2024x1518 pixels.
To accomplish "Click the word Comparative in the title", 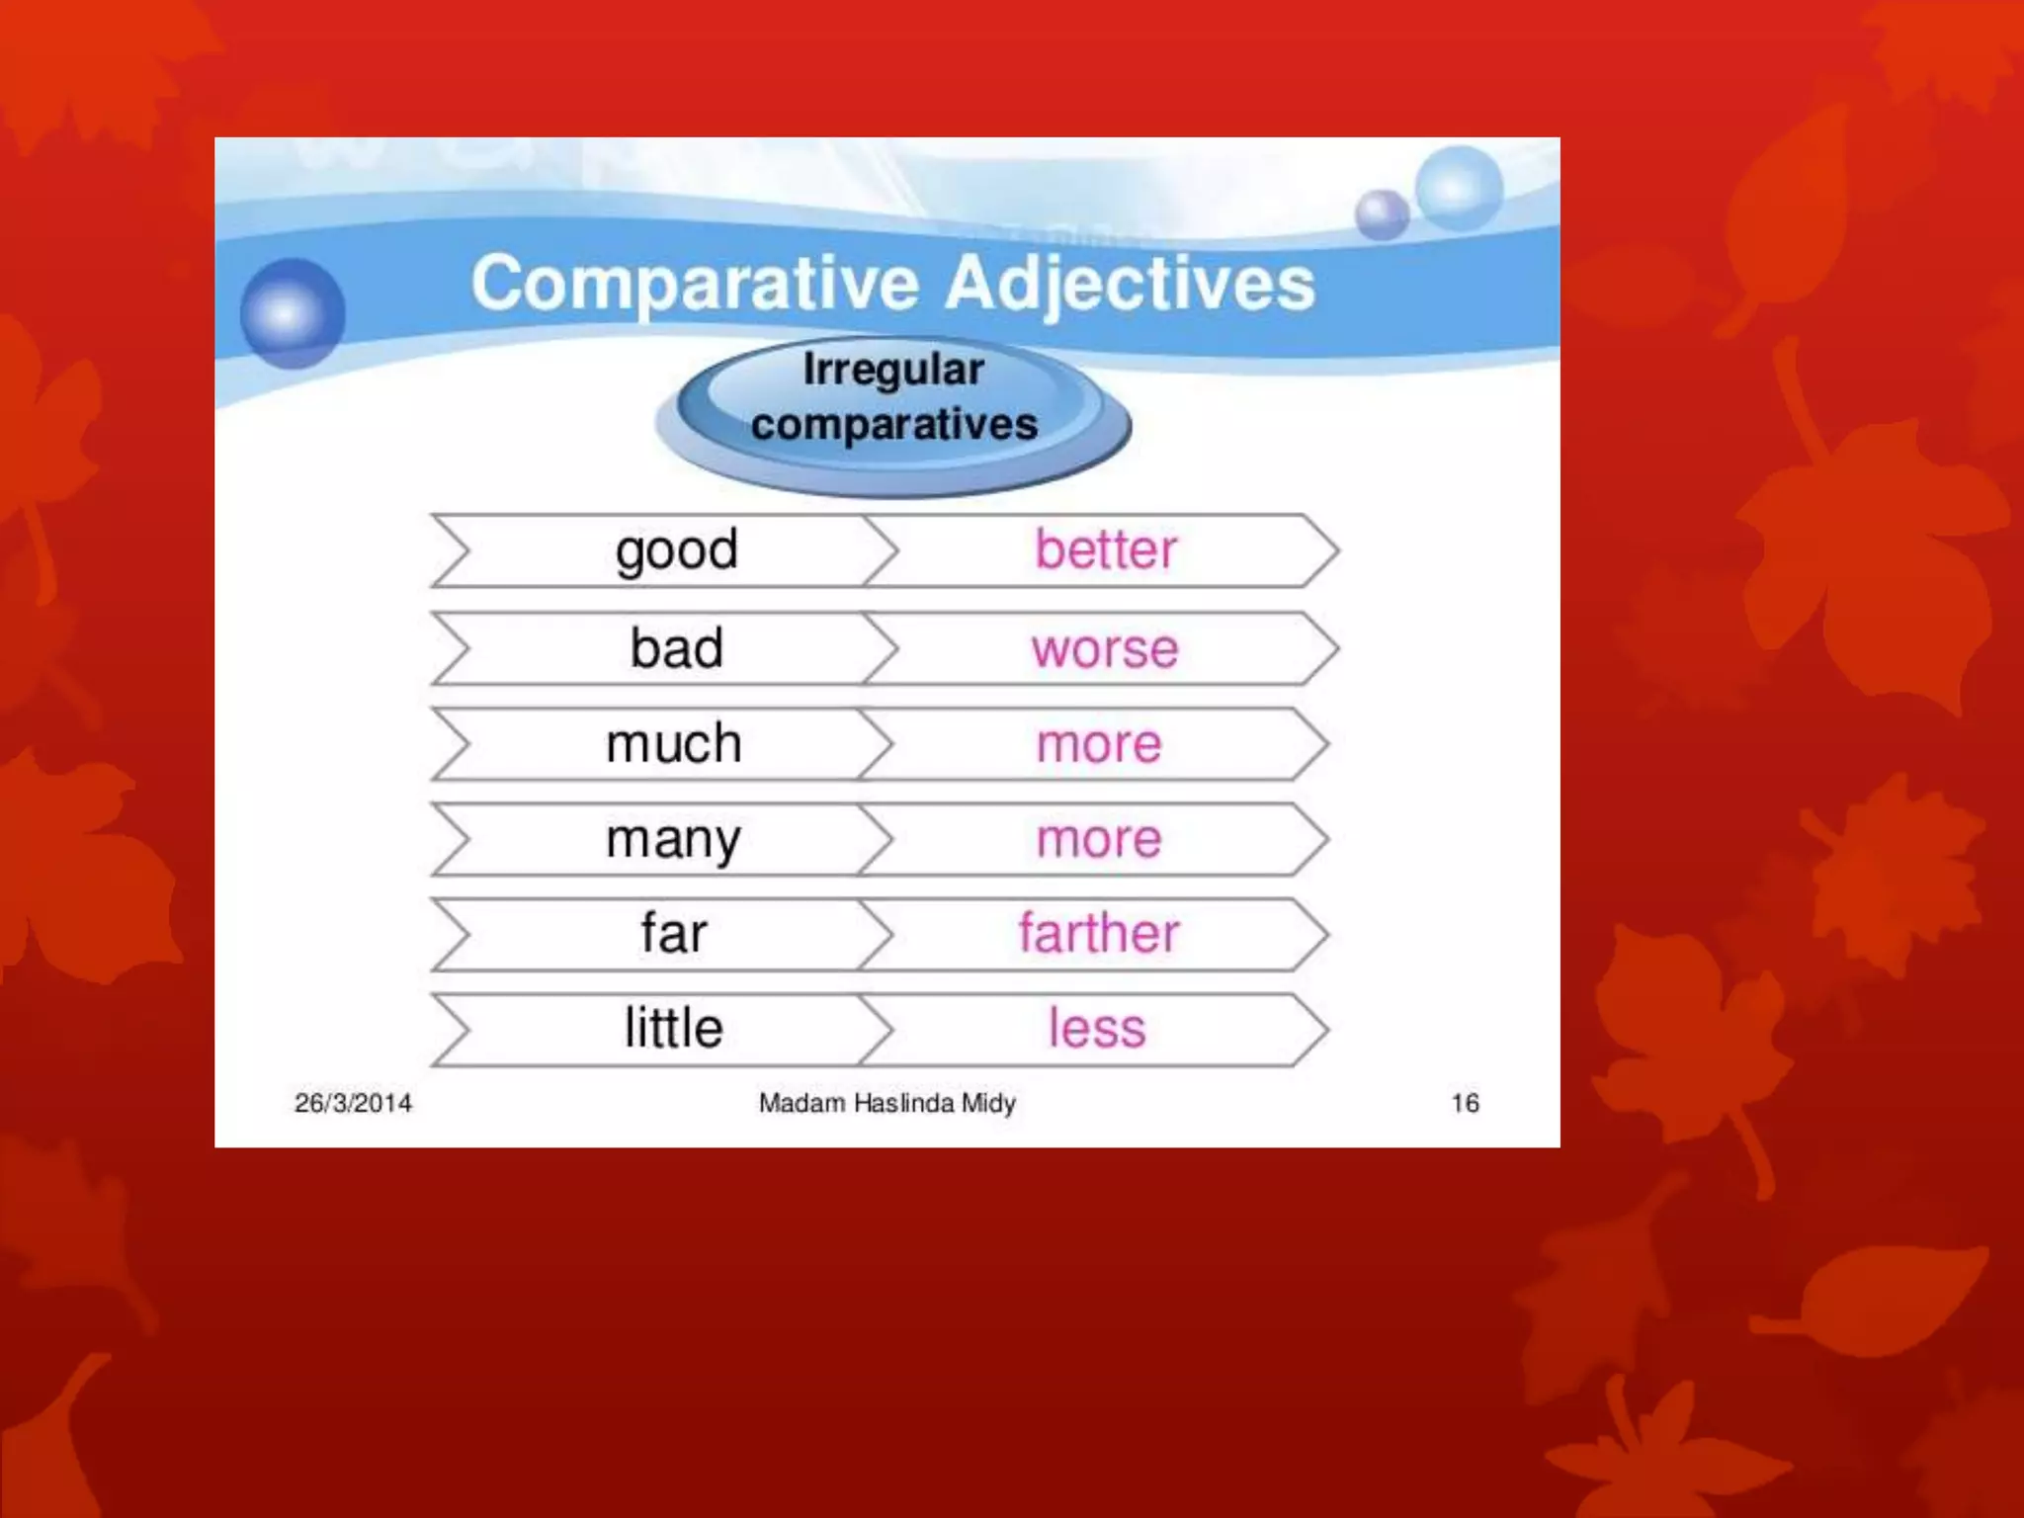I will [x=695, y=284].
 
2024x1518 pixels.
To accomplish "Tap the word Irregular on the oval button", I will [x=893, y=370].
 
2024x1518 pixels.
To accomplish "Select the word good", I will [x=677, y=550].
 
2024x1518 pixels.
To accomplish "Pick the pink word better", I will [x=1106, y=549].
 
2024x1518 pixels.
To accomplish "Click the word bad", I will [x=677, y=648].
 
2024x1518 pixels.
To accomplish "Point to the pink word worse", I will [x=1105, y=649].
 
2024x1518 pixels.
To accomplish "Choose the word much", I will [x=674, y=743].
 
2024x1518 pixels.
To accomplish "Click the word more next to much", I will [x=1099, y=744].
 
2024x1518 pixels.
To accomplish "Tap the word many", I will [x=674, y=840].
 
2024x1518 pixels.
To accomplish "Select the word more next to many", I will [x=1099, y=840].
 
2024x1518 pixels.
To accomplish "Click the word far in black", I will [x=674, y=933].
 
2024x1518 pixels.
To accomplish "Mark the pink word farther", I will [x=1099, y=933].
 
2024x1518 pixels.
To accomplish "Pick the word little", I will [x=674, y=1028].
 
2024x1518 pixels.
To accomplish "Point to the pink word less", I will [x=1097, y=1028].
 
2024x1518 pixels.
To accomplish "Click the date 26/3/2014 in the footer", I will [x=353, y=1103].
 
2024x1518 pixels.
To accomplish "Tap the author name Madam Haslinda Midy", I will [x=886, y=1103].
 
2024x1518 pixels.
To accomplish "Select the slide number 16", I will [x=1465, y=1103].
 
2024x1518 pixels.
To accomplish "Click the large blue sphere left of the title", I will [x=293, y=313].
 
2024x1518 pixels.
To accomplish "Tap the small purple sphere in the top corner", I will [x=1382, y=213].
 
